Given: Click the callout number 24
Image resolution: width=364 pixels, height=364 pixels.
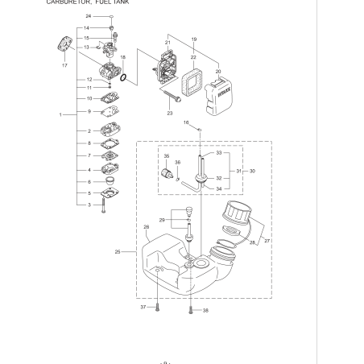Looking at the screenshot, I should click(88, 16).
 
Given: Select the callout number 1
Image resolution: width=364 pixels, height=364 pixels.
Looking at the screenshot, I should click(61, 115).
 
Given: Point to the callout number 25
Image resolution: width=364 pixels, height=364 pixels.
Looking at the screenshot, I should click(118, 252).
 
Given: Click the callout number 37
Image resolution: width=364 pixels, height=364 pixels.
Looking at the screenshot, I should click(143, 307).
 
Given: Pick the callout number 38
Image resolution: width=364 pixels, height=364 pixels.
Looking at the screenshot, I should click(205, 310).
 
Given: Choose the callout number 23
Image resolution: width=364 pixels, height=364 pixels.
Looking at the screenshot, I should click(170, 114).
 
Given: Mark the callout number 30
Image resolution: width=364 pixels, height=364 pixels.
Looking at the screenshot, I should click(253, 171).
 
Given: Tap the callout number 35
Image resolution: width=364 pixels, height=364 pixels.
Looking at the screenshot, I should click(167, 155).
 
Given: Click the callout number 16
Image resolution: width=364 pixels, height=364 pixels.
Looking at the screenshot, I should click(185, 122).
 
